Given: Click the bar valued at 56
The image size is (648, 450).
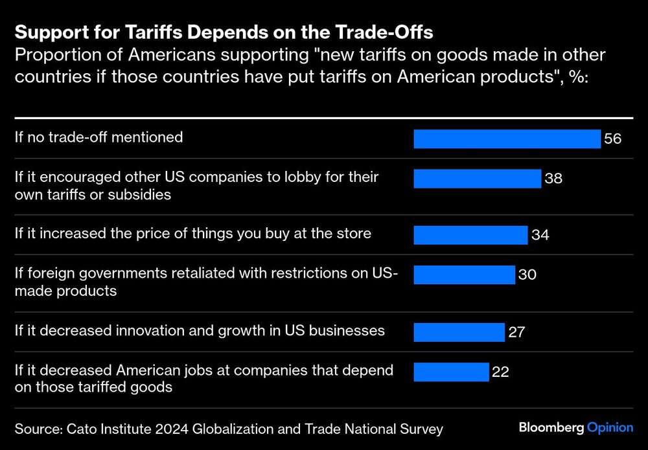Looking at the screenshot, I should [x=507, y=139].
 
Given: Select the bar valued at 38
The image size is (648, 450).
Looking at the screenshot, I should [x=477, y=179].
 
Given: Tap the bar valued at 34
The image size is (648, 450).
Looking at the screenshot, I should [x=470, y=235].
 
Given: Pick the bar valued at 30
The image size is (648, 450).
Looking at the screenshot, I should [x=464, y=275].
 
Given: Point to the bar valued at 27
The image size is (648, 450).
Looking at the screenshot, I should [x=459, y=332].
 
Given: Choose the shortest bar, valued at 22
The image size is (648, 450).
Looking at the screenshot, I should [x=451, y=372].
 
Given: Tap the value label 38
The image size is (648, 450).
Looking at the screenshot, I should [x=553, y=179].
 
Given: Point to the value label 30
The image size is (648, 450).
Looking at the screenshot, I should [x=527, y=275].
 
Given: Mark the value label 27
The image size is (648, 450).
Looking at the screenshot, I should [x=516, y=333].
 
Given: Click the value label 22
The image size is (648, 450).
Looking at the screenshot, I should [x=500, y=372].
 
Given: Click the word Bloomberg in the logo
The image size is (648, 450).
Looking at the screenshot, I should [x=551, y=427].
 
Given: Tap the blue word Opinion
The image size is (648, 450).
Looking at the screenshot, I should [x=610, y=427].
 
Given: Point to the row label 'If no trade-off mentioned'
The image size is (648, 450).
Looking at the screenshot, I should [x=98, y=137].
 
